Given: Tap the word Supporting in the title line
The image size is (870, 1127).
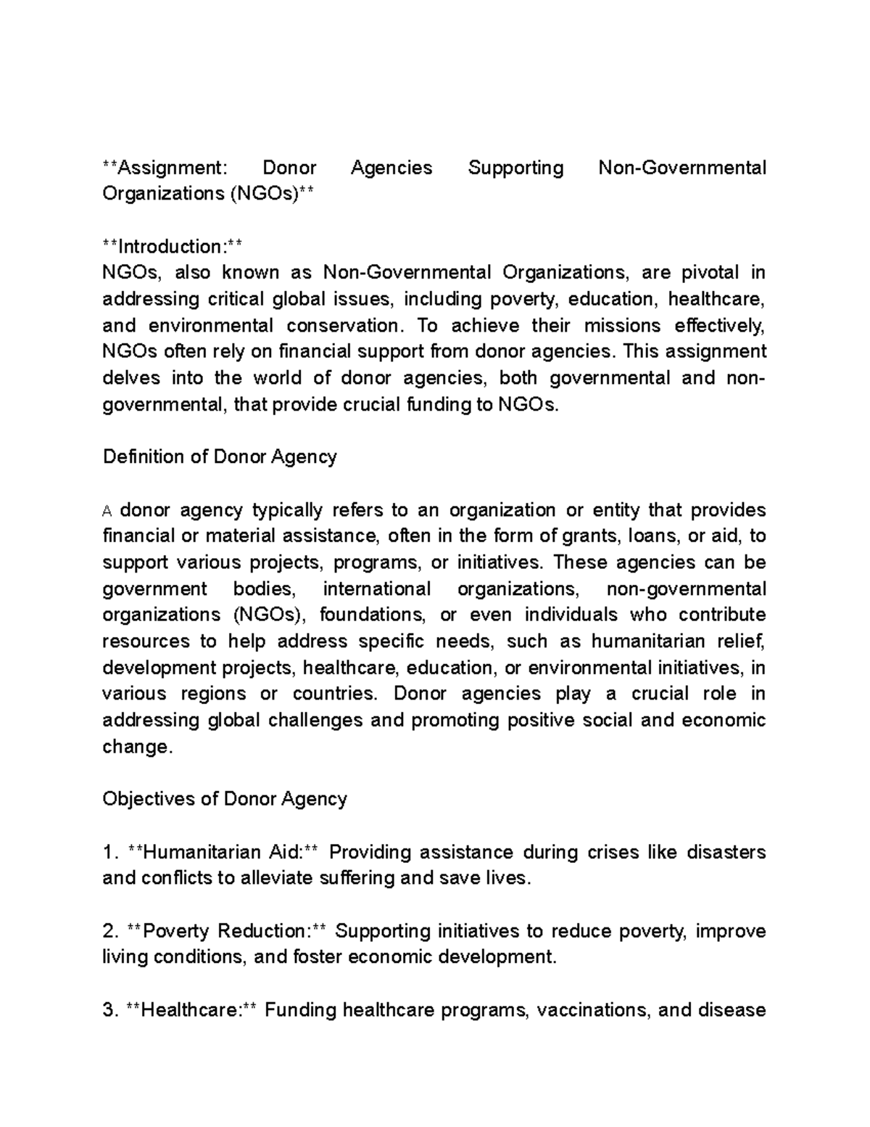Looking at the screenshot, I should click(x=515, y=168).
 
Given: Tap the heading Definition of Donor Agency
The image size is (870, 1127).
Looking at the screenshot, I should click(x=220, y=457).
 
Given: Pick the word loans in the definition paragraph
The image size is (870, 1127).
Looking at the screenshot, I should click(x=658, y=536).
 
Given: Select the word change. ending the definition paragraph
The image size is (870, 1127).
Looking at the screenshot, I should click(x=138, y=747).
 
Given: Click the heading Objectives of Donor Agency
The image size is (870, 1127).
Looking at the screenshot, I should click(x=225, y=799).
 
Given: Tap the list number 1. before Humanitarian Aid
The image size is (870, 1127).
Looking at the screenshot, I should click(x=110, y=852).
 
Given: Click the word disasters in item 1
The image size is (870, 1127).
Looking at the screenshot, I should click(x=726, y=852).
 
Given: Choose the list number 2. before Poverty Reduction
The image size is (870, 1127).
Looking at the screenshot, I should click(x=110, y=931).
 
